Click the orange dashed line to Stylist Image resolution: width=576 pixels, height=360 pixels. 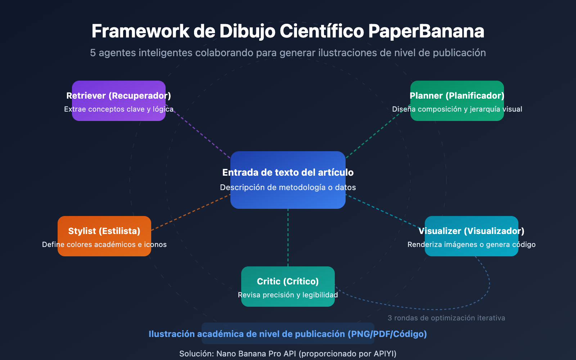(191, 212)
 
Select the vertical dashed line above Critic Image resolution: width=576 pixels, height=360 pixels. (288, 238)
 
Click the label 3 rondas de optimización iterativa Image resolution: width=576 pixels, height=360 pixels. (446, 318)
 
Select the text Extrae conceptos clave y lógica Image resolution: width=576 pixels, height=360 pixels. (119, 109)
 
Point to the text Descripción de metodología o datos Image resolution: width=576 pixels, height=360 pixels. (288, 187)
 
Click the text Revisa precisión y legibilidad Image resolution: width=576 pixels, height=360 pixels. (288, 295)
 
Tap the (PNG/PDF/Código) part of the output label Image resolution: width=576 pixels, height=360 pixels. (387, 334)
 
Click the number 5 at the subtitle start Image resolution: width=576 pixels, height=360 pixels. (93, 53)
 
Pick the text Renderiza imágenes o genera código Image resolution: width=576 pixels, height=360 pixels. (472, 244)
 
